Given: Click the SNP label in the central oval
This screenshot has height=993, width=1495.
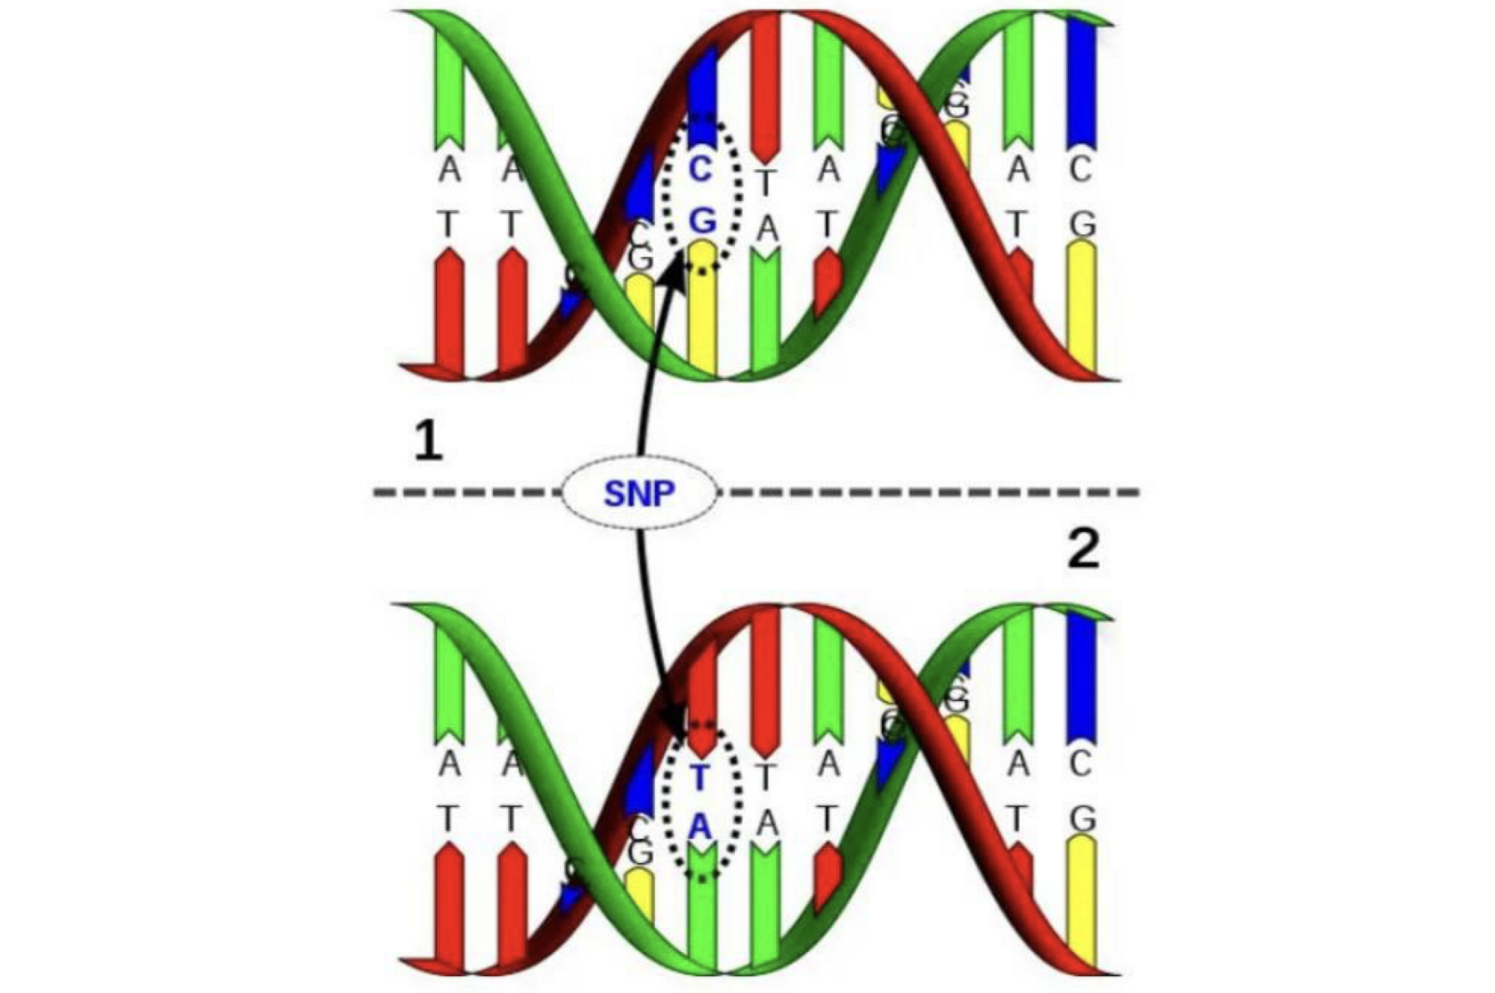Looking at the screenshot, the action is tap(639, 492).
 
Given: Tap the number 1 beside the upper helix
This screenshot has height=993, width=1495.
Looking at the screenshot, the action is tap(429, 441).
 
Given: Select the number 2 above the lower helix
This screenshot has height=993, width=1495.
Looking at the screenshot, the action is tap(1082, 550).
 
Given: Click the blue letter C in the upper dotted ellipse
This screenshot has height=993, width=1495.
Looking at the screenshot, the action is tap(701, 169).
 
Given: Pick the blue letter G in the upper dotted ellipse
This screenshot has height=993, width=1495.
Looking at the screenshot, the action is tap(702, 220).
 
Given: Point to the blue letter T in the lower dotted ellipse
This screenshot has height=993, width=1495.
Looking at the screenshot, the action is tap(699, 778).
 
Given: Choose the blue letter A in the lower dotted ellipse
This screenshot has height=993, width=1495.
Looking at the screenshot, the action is tap(700, 827).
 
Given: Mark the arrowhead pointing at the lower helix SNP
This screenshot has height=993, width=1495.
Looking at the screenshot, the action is tap(675, 722).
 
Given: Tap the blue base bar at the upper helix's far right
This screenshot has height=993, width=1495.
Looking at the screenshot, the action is tap(1081, 80).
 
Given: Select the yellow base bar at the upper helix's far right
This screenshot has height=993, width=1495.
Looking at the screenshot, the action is tap(1081, 307).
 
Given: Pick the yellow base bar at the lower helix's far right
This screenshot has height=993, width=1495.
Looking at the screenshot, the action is tap(1081, 899).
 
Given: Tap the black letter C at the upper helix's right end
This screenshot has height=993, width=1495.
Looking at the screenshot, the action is tap(1080, 169).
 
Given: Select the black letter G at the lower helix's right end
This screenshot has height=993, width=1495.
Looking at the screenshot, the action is tap(1082, 819).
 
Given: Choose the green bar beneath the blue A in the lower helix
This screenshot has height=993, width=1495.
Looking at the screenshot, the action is tap(702, 908).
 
